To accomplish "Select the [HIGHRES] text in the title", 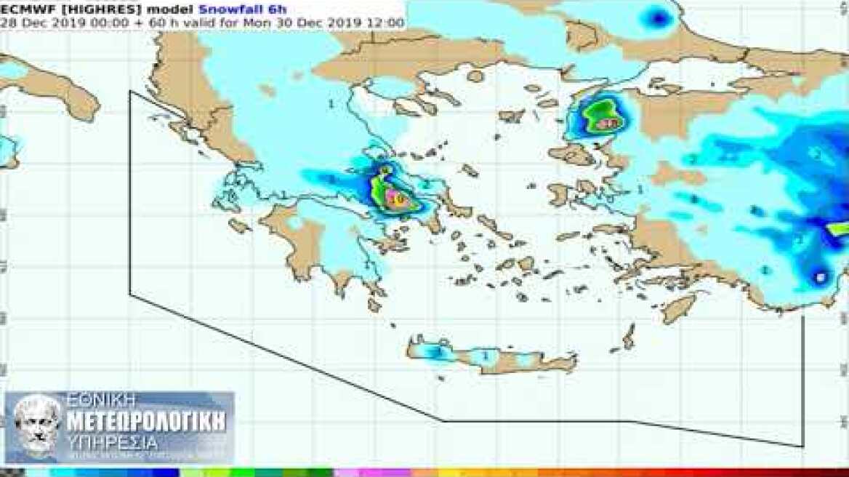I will [81, 9].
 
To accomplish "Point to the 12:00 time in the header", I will [388, 23].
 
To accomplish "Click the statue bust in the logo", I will [36, 425].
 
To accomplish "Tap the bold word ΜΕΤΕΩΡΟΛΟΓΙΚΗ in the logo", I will [145, 422].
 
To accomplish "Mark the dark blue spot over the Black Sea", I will [659, 17].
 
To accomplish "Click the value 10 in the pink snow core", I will [397, 197].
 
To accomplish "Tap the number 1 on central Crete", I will [486, 356].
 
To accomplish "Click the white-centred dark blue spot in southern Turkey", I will [821, 277].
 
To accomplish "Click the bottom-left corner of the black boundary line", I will [130, 294].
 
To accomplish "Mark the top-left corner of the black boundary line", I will [130, 92].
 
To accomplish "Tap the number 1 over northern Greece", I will [331, 104].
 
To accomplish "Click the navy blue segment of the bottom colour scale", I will [167, 473].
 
